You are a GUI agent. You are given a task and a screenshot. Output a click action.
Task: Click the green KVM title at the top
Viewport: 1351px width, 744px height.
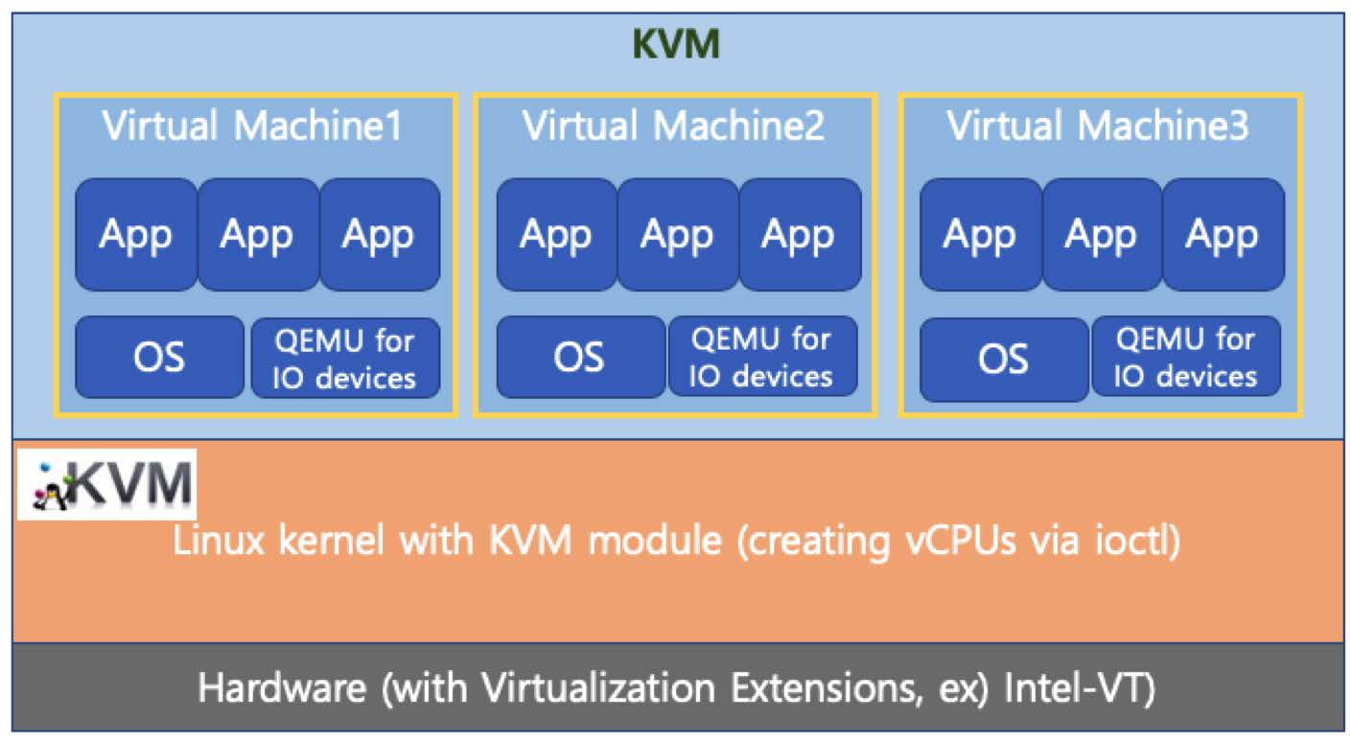[x=676, y=44]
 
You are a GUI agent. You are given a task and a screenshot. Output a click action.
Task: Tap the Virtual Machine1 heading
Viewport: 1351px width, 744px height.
[x=252, y=126]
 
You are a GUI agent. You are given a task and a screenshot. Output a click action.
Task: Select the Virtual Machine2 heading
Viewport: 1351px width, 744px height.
[x=673, y=126]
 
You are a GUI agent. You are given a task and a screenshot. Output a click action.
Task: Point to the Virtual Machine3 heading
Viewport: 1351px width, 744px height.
[x=1098, y=126]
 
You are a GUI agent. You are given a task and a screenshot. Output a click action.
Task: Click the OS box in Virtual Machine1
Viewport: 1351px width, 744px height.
[x=159, y=357]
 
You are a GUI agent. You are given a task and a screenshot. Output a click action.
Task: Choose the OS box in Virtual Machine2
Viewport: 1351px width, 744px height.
[x=579, y=357]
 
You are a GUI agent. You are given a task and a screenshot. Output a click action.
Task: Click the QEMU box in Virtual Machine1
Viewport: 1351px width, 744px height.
[x=345, y=358]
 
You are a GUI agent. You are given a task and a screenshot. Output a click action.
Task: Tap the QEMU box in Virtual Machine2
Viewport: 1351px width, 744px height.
[x=762, y=357]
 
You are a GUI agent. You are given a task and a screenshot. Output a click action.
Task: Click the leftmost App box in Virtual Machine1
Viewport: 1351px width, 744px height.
[x=135, y=235]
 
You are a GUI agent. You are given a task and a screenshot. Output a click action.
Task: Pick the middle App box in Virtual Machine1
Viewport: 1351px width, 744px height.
[x=257, y=235]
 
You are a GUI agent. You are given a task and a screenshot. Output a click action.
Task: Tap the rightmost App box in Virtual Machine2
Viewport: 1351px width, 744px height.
[x=799, y=235]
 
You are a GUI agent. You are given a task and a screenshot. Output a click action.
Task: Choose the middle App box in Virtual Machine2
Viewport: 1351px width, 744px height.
[x=677, y=235]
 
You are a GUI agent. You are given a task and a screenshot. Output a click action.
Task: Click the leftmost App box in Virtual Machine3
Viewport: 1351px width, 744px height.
[x=980, y=235]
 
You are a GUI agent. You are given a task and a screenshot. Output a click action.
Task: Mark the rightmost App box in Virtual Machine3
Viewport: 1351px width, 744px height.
[x=1223, y=235]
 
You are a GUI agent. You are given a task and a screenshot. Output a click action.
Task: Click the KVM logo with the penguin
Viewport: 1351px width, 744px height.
[x=106, y=484]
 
